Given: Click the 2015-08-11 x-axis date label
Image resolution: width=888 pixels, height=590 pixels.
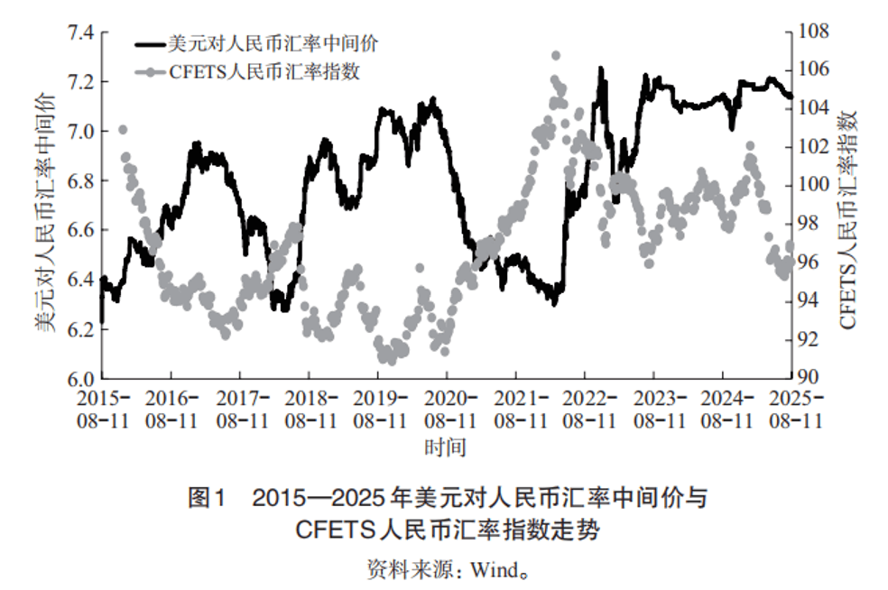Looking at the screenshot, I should [103, 408].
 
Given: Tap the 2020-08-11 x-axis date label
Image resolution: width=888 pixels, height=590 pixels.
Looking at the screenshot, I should [449, 408].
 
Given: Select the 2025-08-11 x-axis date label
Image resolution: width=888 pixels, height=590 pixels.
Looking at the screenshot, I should [792, 408].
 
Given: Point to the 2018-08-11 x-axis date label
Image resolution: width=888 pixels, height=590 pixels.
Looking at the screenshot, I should [310, 408].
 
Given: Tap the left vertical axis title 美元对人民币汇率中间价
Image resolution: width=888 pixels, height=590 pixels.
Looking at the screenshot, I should [45, 206].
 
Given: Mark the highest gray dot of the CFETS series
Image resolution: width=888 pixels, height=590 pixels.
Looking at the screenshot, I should [556, 56].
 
